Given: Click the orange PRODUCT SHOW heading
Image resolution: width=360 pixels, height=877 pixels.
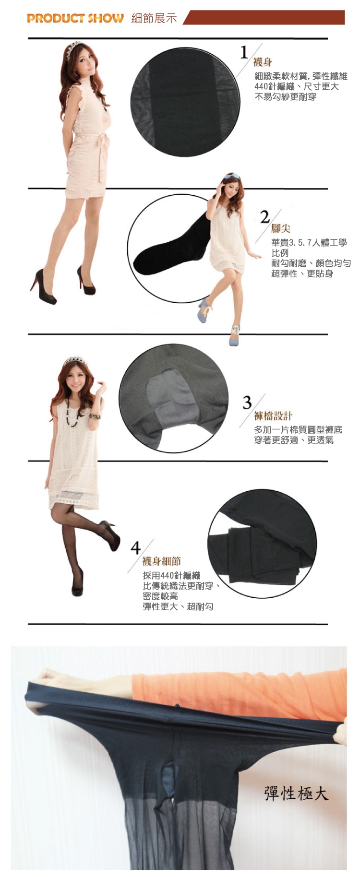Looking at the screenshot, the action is [75, 18].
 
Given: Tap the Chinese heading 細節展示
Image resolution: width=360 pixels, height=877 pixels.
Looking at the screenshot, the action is [154, 18].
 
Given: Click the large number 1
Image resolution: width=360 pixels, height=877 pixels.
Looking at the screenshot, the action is [245, 52].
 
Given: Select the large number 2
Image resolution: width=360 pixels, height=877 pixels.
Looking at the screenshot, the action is [265, 217].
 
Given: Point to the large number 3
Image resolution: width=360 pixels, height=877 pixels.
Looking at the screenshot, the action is [247, 402].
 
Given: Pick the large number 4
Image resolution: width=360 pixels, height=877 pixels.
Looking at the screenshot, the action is [136, 547].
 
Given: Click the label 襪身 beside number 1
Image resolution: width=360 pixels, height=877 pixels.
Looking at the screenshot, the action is [263, 62].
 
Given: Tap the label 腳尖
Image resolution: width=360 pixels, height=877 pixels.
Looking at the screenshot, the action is [281, 229].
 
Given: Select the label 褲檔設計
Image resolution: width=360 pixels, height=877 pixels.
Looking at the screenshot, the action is [273, 415].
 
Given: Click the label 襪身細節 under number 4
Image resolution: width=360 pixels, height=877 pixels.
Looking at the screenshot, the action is [162, 561].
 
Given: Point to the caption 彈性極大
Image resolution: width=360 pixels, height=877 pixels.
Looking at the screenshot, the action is [296, 794].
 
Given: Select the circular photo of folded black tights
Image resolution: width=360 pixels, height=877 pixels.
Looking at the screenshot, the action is [262, 544].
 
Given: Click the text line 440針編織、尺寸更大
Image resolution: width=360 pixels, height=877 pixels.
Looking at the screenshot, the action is [297, 86].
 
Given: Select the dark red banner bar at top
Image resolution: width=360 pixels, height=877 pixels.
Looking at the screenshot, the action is [264, 17].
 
